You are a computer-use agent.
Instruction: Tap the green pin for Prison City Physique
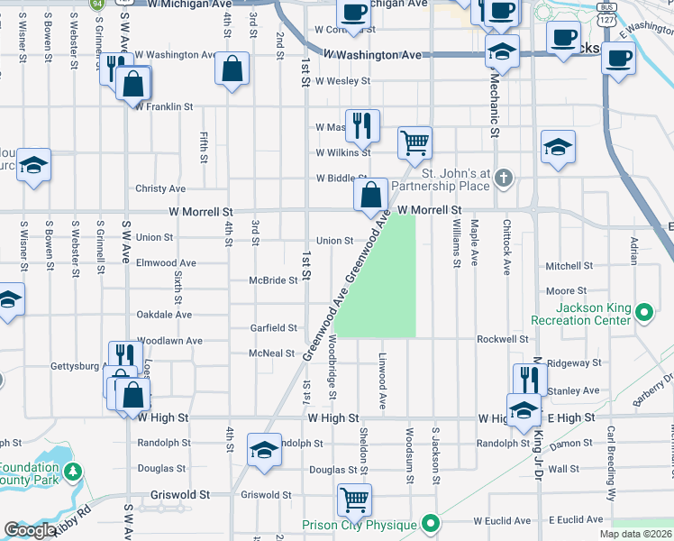pyautogui.click(x=432, y=523)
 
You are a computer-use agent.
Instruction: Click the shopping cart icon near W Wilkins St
pyautogui.click(x=414, y=141)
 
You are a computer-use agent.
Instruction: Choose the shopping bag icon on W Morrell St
pyautogui.click(x=371, y=193)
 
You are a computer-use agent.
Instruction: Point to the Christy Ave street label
pyautogui.click(x=160, y=188)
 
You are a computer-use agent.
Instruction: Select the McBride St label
pyautogui.click(x=273, y=280)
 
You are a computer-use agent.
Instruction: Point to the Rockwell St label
pyautogui.click(x=502, y=339)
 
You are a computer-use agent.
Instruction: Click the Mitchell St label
pyautogui.click(x=567, y=266)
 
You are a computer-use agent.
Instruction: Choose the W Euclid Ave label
pyautogui.click(x=502, y=520)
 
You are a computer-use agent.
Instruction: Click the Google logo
pyautogui.click(x=30, y=530)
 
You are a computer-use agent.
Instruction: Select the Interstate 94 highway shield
pyautogui.click(x=96, y=4)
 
